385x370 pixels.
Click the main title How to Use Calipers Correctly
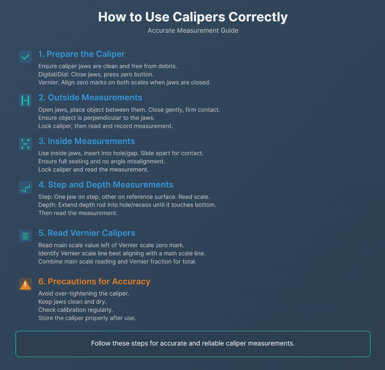[193, 17]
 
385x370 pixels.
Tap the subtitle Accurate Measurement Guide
[193, 31]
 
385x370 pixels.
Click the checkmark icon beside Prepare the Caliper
[25, 57]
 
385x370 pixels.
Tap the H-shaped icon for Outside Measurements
[25, 101]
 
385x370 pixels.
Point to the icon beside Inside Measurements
[25, 144]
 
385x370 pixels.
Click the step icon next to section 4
[25, 188]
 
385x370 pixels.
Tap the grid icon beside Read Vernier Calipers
[25, 236]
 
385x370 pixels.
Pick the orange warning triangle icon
[25, 285]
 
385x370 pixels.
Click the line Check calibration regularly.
[75, 310]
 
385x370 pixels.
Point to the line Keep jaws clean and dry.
[72, 302]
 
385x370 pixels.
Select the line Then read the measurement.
[78, 213]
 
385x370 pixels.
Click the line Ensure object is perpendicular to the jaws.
[96, 118]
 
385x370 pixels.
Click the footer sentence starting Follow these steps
[193, 343]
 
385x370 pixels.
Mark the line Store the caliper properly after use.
[87, 318]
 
